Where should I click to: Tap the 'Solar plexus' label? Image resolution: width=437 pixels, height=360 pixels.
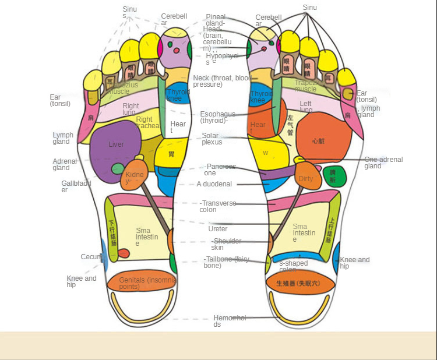coord(211,139)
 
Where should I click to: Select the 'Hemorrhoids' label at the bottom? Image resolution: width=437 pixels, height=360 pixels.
coord(230,321)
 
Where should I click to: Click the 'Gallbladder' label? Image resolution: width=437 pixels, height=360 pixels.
coord(76,186)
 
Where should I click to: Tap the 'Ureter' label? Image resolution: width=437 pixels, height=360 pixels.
coord(218,229)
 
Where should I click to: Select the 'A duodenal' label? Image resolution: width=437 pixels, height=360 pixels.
coord(214,184)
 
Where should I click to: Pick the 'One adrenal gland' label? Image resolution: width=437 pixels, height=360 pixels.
coord(383,163)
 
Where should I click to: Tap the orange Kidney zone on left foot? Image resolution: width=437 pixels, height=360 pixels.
coord(135,177)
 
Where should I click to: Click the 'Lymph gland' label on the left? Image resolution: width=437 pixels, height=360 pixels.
coord(63,138)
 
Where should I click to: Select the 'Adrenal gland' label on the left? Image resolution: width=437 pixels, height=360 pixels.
coord(65,164)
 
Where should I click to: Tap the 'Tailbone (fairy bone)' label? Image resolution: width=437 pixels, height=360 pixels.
coord(225,262)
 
